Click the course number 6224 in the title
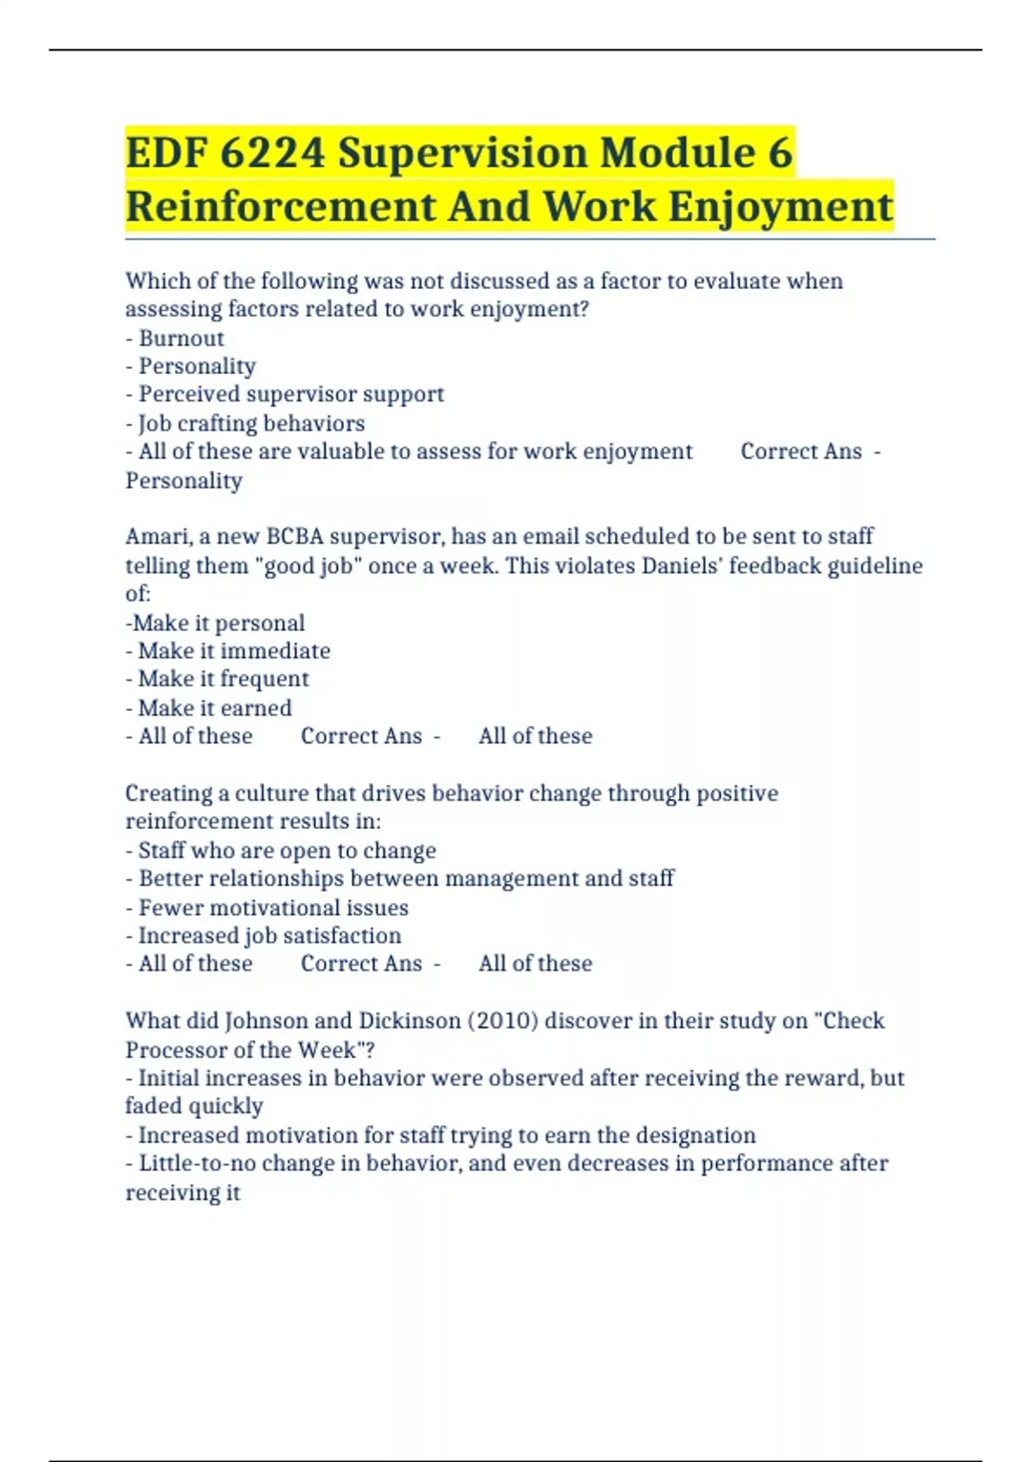[273, 153]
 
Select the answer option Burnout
[181, 338]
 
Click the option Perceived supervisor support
[291, 394]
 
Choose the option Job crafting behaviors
[251, 423]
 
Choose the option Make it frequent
[223, 679]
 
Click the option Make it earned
[215, 708]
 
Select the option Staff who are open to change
[286, 851]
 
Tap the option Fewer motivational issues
[273, 907]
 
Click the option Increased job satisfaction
[269, 936]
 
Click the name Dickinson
[409, 1021]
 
